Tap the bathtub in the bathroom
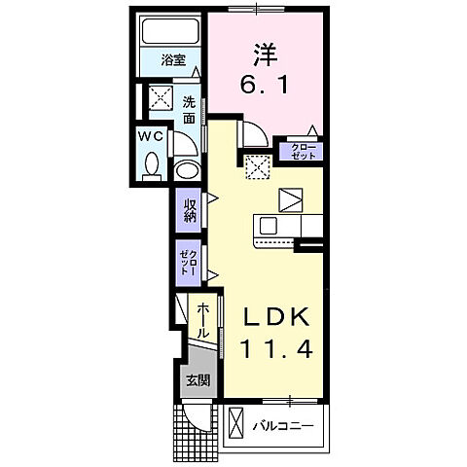171,32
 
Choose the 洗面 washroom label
189,110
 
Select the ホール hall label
202,320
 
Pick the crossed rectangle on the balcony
237,424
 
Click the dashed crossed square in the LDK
258,168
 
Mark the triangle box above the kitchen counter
291,200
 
